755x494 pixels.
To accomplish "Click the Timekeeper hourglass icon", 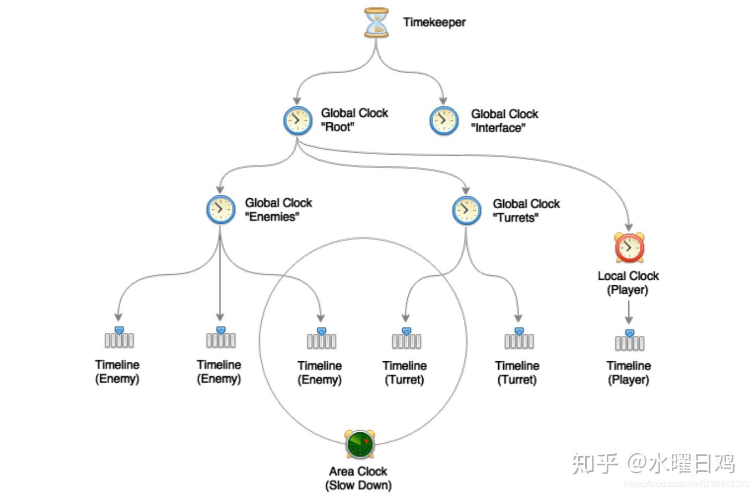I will point(376,23).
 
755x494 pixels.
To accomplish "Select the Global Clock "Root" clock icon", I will point(298,120).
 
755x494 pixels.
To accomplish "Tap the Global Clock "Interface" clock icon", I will point(444,121).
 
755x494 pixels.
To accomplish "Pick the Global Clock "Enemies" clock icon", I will point(220,210).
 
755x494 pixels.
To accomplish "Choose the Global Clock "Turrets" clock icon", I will point(466,210).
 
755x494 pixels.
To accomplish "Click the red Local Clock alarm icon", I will point(629,248).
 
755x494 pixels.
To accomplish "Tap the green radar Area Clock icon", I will point(360,444).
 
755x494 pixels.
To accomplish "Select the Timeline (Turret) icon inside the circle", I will point(406,339).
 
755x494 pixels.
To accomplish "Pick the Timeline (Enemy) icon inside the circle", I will point(321,339).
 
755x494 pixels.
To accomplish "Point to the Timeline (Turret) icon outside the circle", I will point(519,339).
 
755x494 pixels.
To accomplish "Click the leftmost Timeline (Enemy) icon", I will point(119,338).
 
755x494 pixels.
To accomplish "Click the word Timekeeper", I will point(434,23).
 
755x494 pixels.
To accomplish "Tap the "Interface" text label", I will point(498,128).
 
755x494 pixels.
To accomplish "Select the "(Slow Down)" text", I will point(358,485).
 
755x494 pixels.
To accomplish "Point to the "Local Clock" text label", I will point(628,276).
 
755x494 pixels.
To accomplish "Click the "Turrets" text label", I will point(515,218).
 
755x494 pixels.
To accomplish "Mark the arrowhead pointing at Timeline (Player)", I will point(629,320).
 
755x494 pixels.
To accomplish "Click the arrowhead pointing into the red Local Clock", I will point(629,226).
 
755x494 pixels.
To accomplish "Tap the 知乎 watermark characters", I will point(595,463).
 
